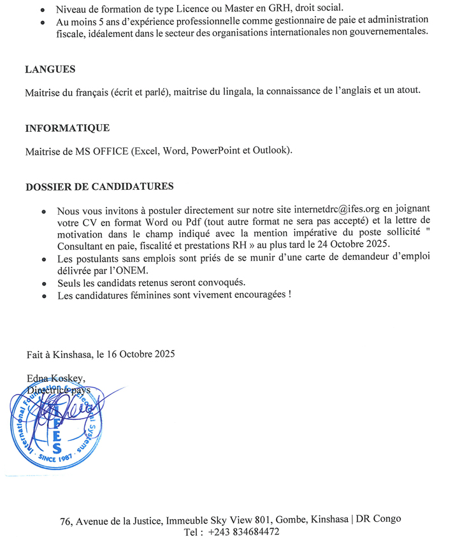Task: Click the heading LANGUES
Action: tap(50, 70)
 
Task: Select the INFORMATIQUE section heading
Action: tap(67, 128)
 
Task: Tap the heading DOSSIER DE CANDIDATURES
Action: tap(99, 187)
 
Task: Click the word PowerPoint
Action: tap(216, 151)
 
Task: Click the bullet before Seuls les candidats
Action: tap(43, 283)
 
